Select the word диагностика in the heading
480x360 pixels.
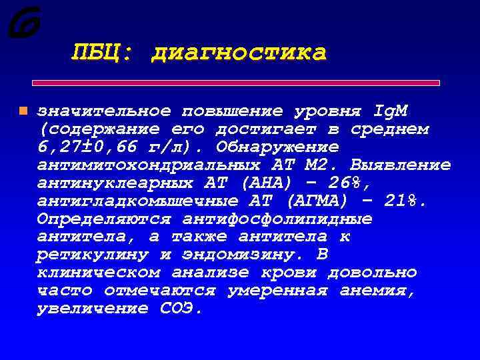[239, 53]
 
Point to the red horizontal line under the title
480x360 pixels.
[236, 83]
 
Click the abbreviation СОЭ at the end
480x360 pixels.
[181, 309]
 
